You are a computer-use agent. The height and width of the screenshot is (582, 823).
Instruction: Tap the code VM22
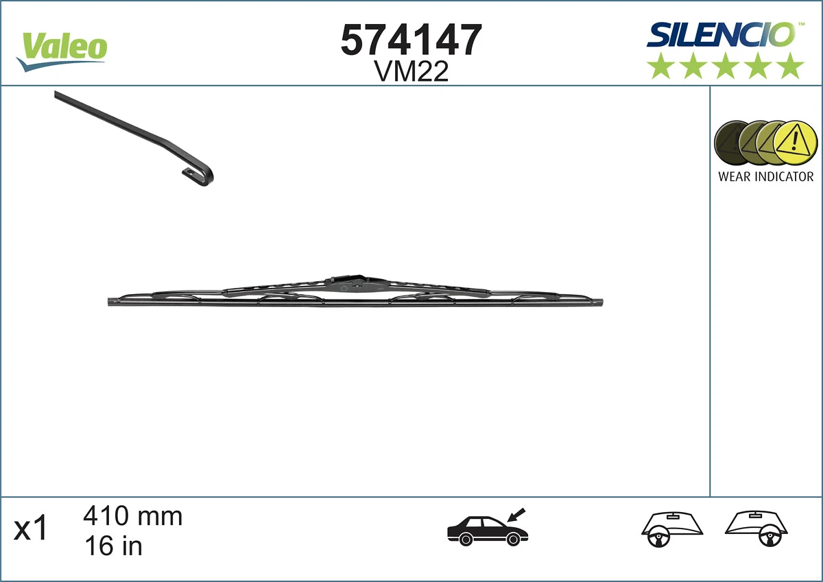(411, 71)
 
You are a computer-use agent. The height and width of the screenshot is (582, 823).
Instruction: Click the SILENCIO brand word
(721, 34)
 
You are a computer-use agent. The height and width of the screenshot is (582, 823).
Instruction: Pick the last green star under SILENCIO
(791, 66)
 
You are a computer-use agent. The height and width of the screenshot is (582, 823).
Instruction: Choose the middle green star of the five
(726, 66)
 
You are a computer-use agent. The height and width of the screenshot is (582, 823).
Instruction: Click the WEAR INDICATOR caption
(765, 177)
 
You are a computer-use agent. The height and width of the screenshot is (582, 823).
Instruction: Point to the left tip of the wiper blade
(112, 302)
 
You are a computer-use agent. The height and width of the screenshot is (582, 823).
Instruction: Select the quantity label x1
(32, 529)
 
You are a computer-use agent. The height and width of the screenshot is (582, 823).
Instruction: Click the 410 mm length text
(132, 516)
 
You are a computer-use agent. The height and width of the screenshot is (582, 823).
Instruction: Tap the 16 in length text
(112, 546)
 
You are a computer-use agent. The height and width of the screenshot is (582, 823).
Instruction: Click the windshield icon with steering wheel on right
(756, 529)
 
